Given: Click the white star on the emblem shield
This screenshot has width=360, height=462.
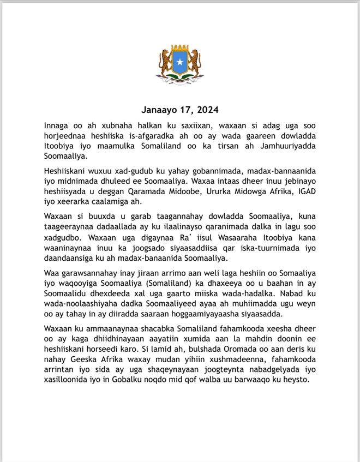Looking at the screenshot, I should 180,64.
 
